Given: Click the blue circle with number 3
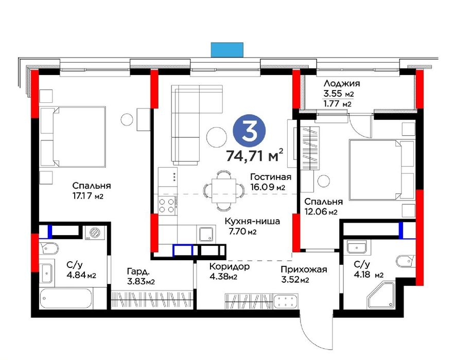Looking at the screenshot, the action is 249,132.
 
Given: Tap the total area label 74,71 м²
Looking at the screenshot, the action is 255,156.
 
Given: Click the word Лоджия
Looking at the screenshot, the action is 342,83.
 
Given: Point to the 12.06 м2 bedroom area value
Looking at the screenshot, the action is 321,212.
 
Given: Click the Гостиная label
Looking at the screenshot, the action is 271,177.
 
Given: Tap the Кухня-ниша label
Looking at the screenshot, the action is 253,222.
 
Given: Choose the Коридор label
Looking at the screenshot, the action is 229,266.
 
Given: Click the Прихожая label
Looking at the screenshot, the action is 304,269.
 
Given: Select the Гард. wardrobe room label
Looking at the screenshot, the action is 138,272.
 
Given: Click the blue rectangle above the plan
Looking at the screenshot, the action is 227,50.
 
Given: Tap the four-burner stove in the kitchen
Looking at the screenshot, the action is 167,205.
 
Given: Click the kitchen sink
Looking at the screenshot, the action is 206,233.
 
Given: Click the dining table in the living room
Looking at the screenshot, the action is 223,191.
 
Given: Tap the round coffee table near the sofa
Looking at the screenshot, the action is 217,137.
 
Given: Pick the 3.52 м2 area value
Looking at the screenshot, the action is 295,280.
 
